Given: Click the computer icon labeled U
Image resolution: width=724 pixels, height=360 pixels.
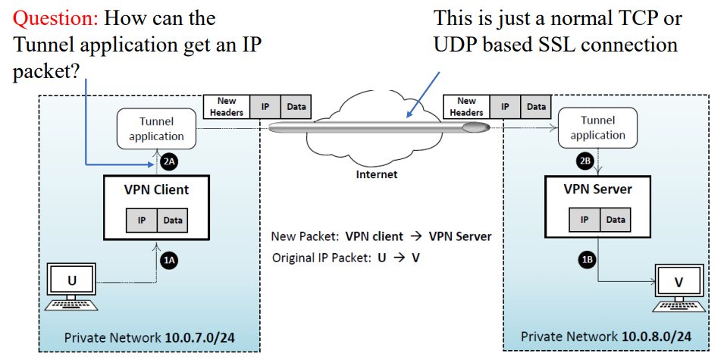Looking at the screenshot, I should click(x=72, y=286).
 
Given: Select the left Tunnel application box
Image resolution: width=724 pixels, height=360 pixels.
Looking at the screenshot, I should click(x=156, y=128).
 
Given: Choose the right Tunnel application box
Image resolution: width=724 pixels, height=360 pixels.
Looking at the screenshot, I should click(x=597, y=127).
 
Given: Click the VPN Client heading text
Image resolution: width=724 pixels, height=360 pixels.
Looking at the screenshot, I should click(x=156, y=189).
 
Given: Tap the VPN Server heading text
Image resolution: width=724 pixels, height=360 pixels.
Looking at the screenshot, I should click(x=597, y=189).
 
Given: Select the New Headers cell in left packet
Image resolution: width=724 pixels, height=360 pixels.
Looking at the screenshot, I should click(x=227, y=107).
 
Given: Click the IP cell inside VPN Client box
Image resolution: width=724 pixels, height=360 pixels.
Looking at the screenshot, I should click(x=141, y=220).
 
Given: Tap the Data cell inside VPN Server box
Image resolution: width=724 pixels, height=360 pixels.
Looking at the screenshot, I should click(x=616, y=220).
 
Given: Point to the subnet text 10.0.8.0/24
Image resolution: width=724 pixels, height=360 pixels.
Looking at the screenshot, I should click(x=655, y=336).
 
